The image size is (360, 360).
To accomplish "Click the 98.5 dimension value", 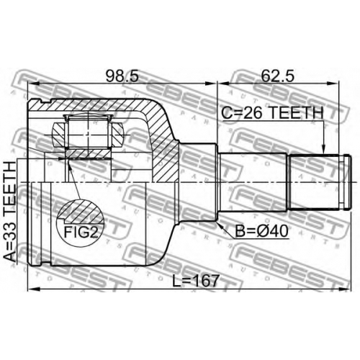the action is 122,76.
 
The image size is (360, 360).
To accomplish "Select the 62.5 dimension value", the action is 278,76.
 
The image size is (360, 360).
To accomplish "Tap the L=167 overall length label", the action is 196,281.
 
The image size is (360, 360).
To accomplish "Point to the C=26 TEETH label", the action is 272,113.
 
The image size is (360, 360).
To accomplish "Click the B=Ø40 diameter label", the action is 261,231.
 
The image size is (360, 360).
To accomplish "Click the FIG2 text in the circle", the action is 81,232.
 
